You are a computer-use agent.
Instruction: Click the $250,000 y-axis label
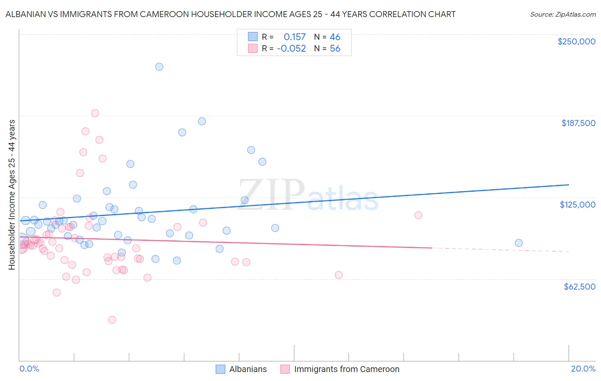pos(576,41)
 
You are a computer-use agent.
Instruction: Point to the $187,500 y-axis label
pos(578,123)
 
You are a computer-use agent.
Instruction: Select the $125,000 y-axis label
pos(577,205)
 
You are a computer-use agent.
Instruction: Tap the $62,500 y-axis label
pos(579,287)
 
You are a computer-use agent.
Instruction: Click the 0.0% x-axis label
pos(29,369)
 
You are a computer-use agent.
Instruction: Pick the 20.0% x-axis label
pos(583,369)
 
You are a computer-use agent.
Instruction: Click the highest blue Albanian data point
pos(159,67)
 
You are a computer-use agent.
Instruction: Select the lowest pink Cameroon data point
pos(112,320)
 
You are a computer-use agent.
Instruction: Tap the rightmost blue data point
pos(519,243)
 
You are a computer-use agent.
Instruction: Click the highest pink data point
pos(95,113)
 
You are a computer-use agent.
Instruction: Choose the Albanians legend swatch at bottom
pos(220,369)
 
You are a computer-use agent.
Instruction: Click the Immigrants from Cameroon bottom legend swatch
pos(285,369)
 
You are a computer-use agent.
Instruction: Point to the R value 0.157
pos(295,37)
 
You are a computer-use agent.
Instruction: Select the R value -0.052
pos(291,49)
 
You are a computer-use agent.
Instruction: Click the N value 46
pos(335,37)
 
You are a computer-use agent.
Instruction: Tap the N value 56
pos(335,49)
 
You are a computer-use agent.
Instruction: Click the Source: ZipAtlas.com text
pos(563,14)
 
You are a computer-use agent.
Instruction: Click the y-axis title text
pos(12,194)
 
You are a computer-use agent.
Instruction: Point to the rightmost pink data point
pos(418,215)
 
